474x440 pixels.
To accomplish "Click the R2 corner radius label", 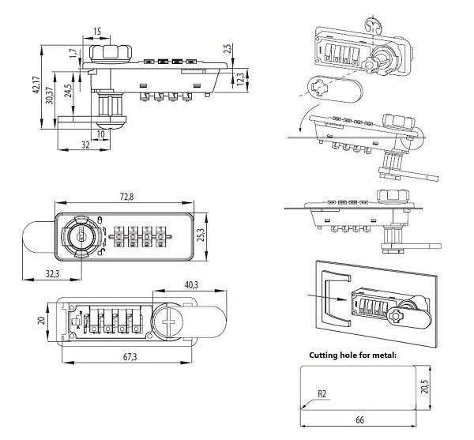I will [322, 393].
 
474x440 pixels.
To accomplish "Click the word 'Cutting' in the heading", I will [325, 355].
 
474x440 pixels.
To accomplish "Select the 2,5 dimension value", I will [228, 49].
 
